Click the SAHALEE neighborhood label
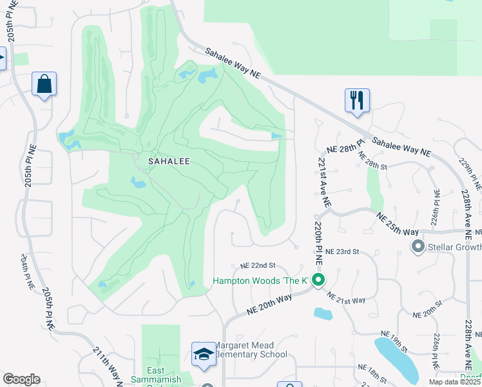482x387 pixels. click(169, 161)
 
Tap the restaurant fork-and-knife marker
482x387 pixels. click(357, 101)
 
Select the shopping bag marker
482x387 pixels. click(44, 84)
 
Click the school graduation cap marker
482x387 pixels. click(204, 354)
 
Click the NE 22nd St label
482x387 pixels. click(258, 265)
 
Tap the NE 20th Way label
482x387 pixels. click(270, 304)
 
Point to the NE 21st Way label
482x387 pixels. click(346, 299)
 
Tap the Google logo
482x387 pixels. click(21, 379)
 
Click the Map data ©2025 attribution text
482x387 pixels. click(455, 382)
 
